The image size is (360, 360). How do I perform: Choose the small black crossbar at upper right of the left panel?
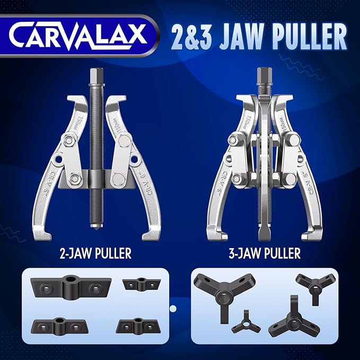coord(141,284)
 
